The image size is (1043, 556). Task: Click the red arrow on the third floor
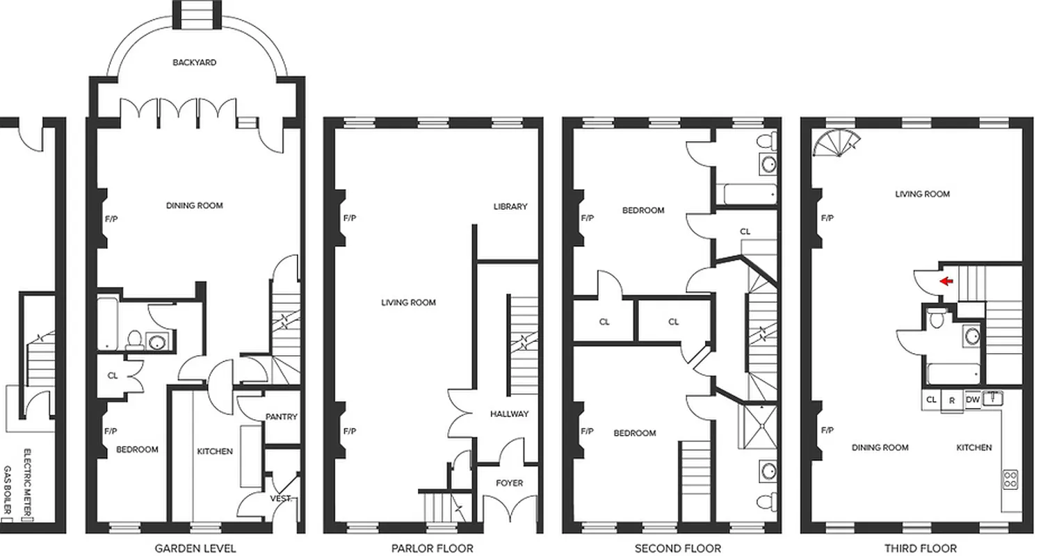pyautogui.click(x=946, y=281)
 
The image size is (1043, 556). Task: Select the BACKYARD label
pyautogui.click(x=195, y=63)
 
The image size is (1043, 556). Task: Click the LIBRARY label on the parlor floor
pyautogui.click(x=510, y=206)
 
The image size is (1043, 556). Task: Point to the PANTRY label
pyautogui.click(x=282, y=417)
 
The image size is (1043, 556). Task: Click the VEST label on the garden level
pyautogui.click(x=280, y=498)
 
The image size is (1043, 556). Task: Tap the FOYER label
pyautogui.click(x=509, y=483)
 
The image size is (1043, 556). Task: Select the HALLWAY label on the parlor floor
pyautogui.click(x=509, y=414)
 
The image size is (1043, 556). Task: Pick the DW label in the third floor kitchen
pyautogui.click(x=973, y=400)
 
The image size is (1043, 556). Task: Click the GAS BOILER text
pyautogui.click(x=9, y=491)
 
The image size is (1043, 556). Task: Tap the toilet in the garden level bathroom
pyautogui.click(x=133, y=341)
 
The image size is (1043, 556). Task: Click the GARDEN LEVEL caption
pyautogui.click(x=195, y=548)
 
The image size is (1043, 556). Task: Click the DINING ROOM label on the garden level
pyautogui.click(x=195, y=206)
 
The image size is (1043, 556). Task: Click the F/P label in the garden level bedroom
pyautogui.click(x=111, y=431)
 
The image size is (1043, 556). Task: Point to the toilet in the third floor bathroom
pyautogui.click(x=937, y=318)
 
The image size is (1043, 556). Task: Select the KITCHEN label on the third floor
pyautogui.click(x=973, y=448)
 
